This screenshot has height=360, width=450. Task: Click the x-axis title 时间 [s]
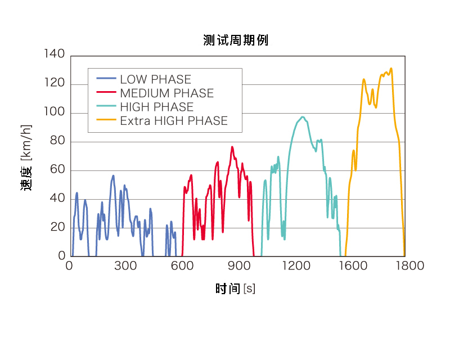click(x=235, y=289)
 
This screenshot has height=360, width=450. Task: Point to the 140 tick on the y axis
click(x=54, y=55)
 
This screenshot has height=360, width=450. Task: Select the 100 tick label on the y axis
click(x=54, y=112)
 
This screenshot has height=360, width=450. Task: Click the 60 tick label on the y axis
click(x=58, y=170)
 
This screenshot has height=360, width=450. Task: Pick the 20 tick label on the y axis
click(x=58, y=227)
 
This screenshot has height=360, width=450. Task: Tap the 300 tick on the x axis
click(x=125, y=266)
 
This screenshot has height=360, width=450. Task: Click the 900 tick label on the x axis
click(x=238, y=266)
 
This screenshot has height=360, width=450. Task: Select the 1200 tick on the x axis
click(x=294, y=266)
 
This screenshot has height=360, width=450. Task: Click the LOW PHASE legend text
click(x=155, y=79)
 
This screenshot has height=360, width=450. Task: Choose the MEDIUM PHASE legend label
click(x=166, y=93)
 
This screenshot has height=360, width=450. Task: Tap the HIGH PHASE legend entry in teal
click(x=156, y=107)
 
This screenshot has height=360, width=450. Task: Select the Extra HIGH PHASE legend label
click(x=173, y=121)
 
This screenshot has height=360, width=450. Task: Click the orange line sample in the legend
click(x=106, y=120)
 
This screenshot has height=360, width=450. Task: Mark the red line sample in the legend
click(x=106, y=93)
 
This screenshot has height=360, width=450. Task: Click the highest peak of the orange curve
click(x=391, y=69)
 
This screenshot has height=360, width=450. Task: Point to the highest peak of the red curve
click(x=232, y=147)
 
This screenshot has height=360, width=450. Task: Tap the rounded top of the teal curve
click(x=303, y=117)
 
